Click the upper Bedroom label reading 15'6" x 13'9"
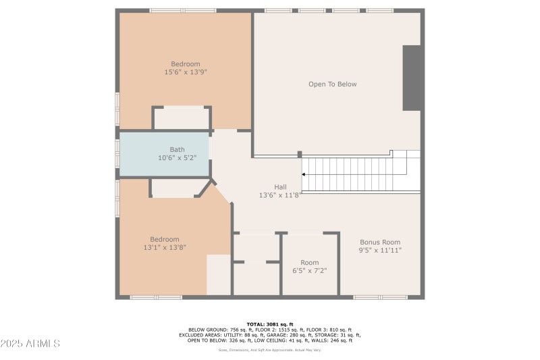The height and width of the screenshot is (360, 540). (186, 68)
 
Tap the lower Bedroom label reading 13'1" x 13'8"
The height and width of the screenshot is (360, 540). (165, 243)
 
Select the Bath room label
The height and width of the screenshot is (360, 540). (177, 154)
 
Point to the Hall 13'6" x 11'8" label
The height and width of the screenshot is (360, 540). (280, 190)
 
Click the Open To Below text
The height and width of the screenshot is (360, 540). (332, 84)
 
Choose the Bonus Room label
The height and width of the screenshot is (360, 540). (380, 246)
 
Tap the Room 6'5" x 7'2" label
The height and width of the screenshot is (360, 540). (310, 266)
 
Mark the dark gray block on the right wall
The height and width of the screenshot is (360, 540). (413, 78)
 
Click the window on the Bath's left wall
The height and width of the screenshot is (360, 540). (117, 154)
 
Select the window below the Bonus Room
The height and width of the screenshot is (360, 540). (380, 297)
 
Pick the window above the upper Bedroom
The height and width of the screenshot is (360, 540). (183, 10)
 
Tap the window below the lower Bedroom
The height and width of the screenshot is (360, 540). (156, 297)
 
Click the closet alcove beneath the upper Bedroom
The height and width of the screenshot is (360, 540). (181, 118)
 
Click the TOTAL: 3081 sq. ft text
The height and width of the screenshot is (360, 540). (270, 324)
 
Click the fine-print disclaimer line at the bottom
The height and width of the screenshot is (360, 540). (270, 350)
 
